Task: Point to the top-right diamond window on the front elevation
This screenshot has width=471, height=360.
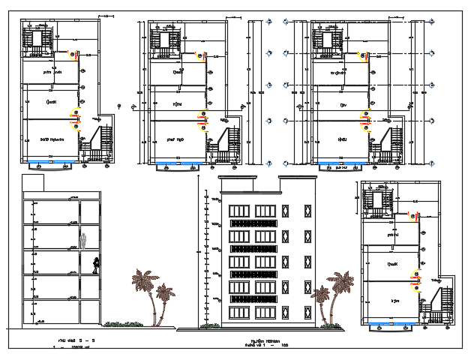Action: click(x=304, y=209)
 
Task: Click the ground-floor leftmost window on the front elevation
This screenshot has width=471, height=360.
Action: click(x=239, y=311)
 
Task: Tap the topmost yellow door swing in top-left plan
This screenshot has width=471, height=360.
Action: click(x=73, y=54)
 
